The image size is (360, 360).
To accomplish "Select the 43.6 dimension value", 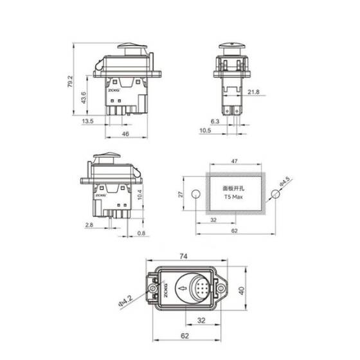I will pyautogui.click(x=84, y=98).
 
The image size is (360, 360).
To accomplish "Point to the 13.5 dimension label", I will pyautogui.click(x=87, y=121).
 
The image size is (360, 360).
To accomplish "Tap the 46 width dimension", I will pyautogui.click(x=125, y=134).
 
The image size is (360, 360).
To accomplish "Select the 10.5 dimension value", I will pyautogui.click(x=204, y=131).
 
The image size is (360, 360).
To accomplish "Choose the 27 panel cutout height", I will pyautogui.click(x=181, y=194).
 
